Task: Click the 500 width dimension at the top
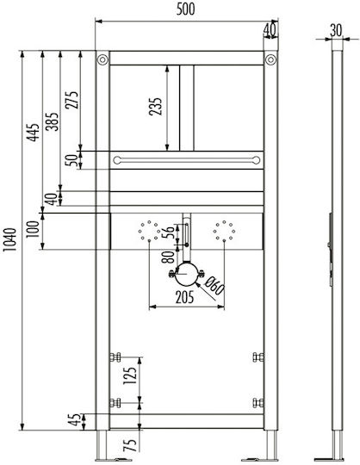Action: coord(186,9)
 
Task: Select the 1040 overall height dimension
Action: coord(9,239)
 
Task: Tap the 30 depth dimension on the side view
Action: coord(336,30)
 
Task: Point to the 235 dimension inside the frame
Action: coord(156,106)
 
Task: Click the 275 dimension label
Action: coord(72,100)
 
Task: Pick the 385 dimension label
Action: coord(52,121)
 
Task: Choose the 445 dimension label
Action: coord(34,133)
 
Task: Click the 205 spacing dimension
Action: coord(184,297)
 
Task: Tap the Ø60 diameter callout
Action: coord(214,285)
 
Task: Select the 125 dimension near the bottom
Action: coord(130,375)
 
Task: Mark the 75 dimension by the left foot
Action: coord(130,445)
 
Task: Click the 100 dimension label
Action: coord(33,229)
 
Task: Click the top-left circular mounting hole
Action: coord(102,59)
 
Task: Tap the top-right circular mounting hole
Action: coord(270,59)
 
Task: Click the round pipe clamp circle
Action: coord(187,274)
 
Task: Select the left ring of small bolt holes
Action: coord(149,231)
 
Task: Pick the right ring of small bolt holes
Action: coord(224,231)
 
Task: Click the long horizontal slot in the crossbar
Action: coord(187,160)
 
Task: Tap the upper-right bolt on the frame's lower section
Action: coord(258,356)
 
